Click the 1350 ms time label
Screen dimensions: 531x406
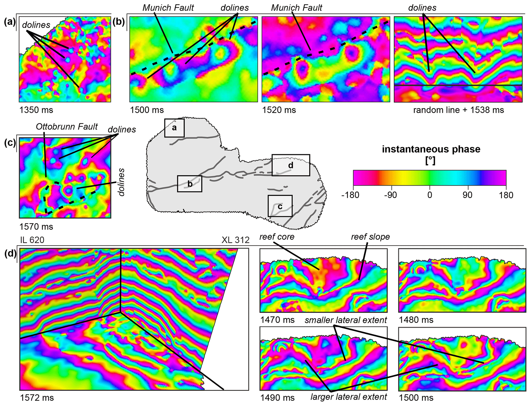point(36,110)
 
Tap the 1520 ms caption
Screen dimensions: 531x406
point(279,110)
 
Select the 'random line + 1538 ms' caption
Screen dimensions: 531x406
point(459,110)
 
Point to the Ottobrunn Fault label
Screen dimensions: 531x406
point(67,127)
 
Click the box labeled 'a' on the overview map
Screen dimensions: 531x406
point(174,128)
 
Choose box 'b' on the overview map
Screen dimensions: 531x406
point(190,184)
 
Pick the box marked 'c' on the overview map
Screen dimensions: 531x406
point(280,206)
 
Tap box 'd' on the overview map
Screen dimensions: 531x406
point(291,165)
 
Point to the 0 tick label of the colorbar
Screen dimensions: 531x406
point(430,195)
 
